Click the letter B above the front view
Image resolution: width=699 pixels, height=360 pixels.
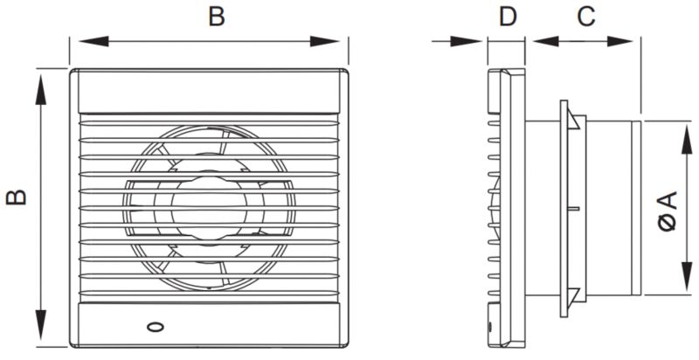pyautogui.click(x=216, y=16)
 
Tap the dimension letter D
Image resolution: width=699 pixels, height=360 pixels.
pyautogui.click(x=507, y=16)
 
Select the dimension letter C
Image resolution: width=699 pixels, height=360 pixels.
pyautogui.click(x=586, y=16)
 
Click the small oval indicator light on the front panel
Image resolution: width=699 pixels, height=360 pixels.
pyautogui.click(x=155, y=329)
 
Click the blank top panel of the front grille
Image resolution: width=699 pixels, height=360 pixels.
pyautogui.click(x=209, y=91)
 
